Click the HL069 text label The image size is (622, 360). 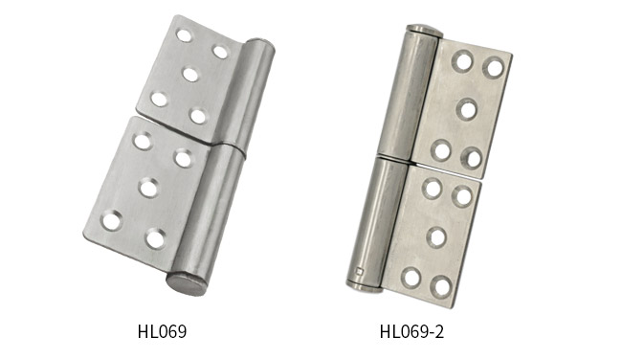pyautogui.click(x=162, y=331)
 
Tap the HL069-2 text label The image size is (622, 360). pyautogui.click(x=411, y=331)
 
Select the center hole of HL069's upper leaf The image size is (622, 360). pyautogui.click(x=190, y=75)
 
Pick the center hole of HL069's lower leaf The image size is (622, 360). pyautogui.click(x=148, y=188)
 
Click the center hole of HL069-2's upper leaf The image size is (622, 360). pyautogui.click(x=467, y=109)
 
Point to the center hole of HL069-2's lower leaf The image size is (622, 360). pyautogui.click(x=436, y=236)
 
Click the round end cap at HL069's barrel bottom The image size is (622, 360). pyautogui.click(x=187, y=283)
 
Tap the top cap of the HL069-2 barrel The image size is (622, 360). pyautogui.click(x=424, y=31)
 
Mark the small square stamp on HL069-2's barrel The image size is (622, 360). pyautogui.click(x=360, y=272)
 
